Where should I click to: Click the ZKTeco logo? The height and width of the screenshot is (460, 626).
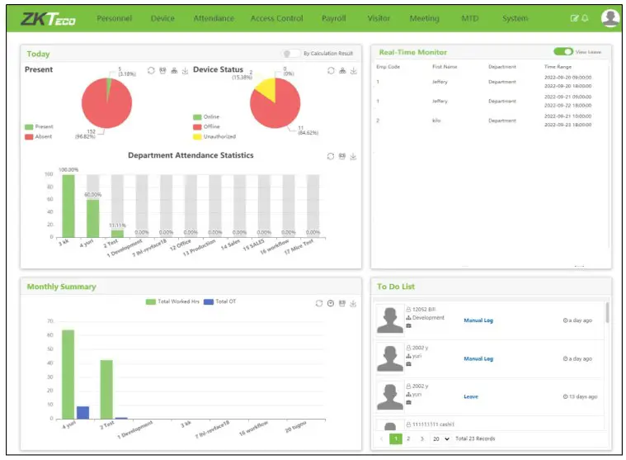point(49,17)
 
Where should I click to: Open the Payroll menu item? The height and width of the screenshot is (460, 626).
point(334,18)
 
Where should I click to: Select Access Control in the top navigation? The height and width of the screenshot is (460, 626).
point(277,18)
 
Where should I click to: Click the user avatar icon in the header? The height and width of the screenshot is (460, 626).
point(610,17)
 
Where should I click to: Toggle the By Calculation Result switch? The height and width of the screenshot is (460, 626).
point(291,53)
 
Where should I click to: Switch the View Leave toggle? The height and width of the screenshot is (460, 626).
point(563,51)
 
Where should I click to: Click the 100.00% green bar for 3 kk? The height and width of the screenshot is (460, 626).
point(68,206)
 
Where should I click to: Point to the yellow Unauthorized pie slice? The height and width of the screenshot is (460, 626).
point(263,88)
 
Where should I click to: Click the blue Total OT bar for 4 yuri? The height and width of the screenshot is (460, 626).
point(82,412)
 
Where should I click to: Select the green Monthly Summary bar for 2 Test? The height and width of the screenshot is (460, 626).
point(106,389)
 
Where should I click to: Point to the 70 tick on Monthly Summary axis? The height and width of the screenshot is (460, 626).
point(49,320)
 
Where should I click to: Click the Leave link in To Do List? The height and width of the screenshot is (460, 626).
point(471,396)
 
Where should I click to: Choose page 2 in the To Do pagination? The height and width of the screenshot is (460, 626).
point(408,439)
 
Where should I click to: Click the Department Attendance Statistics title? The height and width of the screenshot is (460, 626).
point(191,155)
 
